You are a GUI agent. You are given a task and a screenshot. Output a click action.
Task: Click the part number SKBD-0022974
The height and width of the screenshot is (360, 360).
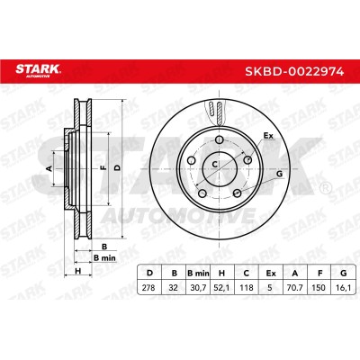(294, 71)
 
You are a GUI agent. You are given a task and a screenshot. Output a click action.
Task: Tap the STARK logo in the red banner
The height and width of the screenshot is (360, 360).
(39, 71)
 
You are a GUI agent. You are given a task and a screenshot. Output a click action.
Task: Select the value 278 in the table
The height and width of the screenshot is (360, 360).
(148, 288)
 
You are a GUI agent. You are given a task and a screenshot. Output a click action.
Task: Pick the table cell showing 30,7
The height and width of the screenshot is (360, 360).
(198, 288)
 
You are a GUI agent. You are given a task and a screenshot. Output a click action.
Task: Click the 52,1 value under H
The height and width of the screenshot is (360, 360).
(222, 288)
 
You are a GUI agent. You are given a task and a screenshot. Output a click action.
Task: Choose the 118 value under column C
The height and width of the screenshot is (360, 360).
(247, 288)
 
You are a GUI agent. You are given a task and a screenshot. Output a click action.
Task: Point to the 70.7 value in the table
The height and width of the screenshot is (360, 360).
(295, 288)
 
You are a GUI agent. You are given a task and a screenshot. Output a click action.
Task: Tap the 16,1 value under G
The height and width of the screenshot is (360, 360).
(344, 288)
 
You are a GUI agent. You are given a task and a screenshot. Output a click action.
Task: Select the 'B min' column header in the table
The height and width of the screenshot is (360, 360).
(198, 273)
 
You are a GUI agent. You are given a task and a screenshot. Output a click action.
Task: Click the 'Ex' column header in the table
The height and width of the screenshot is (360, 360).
(271, 273)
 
